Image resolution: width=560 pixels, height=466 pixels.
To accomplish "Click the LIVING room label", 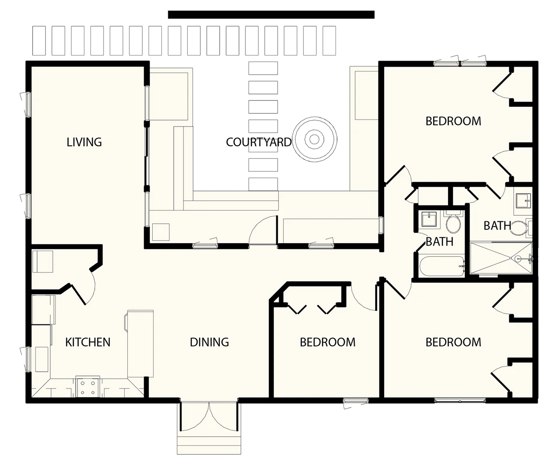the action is (x=84, y=142).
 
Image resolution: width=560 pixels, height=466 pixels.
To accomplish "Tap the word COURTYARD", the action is (x=259, y=142).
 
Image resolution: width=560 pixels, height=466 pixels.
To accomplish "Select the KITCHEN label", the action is (x=88, y=342).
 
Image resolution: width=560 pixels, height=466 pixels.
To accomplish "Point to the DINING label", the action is (x=209, y=342).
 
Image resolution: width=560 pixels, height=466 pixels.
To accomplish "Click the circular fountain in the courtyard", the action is (x=315, y=139).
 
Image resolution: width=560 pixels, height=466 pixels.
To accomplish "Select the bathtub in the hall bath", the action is (x=442, y=267).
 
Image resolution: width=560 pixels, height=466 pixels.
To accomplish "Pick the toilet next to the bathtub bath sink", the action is (x=453, y=222).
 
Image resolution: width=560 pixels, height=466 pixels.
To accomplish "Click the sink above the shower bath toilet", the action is (x=523, y=200).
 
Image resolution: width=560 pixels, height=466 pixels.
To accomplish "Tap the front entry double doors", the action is (x=209, y=416).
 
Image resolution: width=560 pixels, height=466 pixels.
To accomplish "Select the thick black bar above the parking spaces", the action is (x=271, y=15).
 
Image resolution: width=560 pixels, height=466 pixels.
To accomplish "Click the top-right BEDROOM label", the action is (x=453, y=121).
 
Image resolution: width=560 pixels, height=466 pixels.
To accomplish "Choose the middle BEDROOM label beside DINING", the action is (x=328, y=342).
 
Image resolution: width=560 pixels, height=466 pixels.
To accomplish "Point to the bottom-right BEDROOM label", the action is (x=453, y=342).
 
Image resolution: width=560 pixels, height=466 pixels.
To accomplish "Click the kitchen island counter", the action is (x=140, y=344).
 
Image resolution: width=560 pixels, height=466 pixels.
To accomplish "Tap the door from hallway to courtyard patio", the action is (x=263, y=230).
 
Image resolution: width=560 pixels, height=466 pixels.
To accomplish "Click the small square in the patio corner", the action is (x=161, y=232).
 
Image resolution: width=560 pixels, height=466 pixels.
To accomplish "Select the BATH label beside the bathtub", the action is (x=440, y=242).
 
